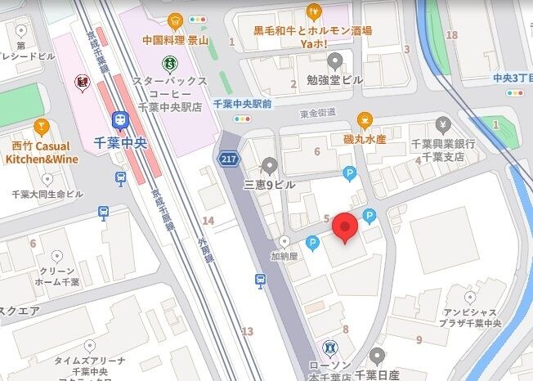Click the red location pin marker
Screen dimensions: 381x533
[x=345, y=227]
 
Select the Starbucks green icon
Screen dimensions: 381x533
[x=170, y=61]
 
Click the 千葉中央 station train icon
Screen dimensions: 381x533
[x=120, y=119]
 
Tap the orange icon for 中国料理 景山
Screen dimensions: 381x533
[x=174, y=21]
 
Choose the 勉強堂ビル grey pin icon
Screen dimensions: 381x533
[x=334, y=61]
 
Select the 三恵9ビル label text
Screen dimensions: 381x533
[x=267, y=186]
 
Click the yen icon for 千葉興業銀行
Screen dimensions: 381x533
[x=443, y=125]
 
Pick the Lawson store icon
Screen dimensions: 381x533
[x=329, y=347]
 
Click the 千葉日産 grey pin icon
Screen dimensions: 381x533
[x=377, y=356]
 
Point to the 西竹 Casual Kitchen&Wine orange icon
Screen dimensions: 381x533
[x=42, y=128]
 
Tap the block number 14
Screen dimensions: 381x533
[x=208, y=221]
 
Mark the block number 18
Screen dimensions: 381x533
[x=452, y=35]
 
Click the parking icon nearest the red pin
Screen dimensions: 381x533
[x=370, y=217]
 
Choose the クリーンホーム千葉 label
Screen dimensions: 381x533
[x=57, y=276]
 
